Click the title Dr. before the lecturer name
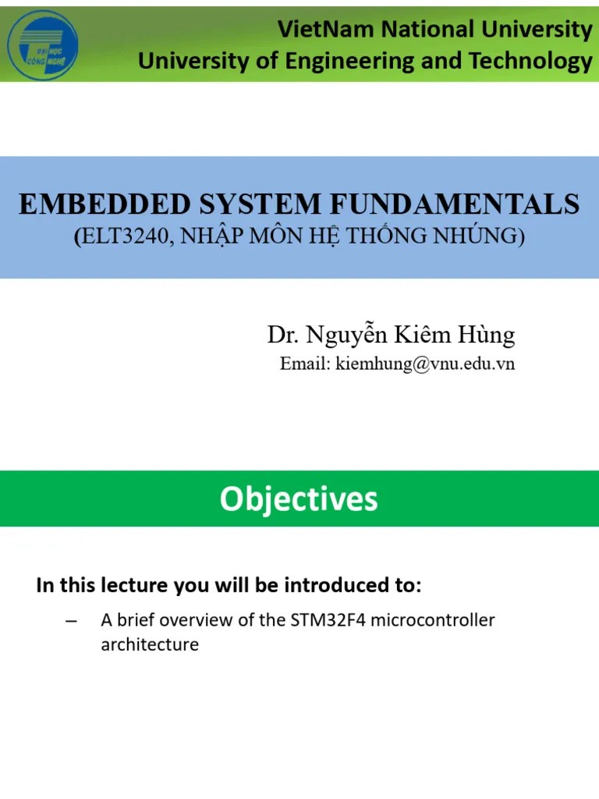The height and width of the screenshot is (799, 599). [x=283, y=336]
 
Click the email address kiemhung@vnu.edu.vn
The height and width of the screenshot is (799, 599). [x=425, y=364]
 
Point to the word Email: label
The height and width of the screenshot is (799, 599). [x=306, y=364]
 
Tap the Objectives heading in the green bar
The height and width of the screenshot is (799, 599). [x=299, y=499]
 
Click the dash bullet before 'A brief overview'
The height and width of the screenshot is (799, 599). [x=72, y=621]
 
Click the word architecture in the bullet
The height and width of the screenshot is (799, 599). [x=150, y=645]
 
